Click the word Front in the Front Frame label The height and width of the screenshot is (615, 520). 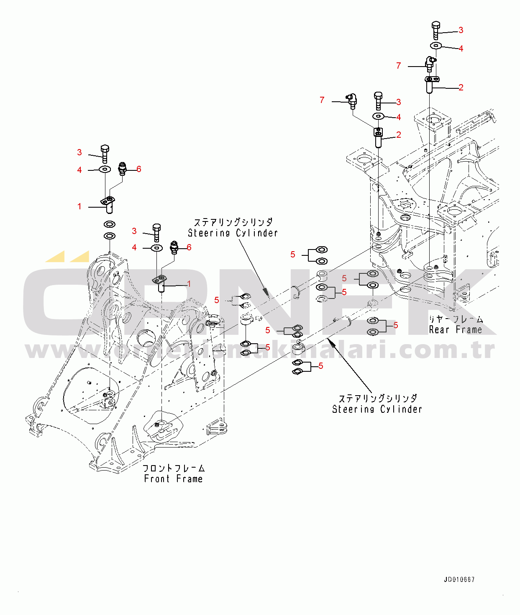[156, 479]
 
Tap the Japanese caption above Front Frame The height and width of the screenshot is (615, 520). [174, 468]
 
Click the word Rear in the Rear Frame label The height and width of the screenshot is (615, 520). [439, 330]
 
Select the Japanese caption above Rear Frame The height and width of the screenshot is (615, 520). [456, 319]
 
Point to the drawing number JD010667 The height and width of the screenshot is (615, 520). [459, 580]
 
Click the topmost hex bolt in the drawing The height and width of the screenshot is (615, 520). [435, 30]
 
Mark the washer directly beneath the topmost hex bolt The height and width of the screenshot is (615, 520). [435, 45]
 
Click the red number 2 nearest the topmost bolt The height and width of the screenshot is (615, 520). [461, 87]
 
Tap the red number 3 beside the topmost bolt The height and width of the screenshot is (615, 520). [461, 30]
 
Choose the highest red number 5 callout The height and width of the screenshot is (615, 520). [292, 255]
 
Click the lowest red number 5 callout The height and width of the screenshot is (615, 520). [320, 366]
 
